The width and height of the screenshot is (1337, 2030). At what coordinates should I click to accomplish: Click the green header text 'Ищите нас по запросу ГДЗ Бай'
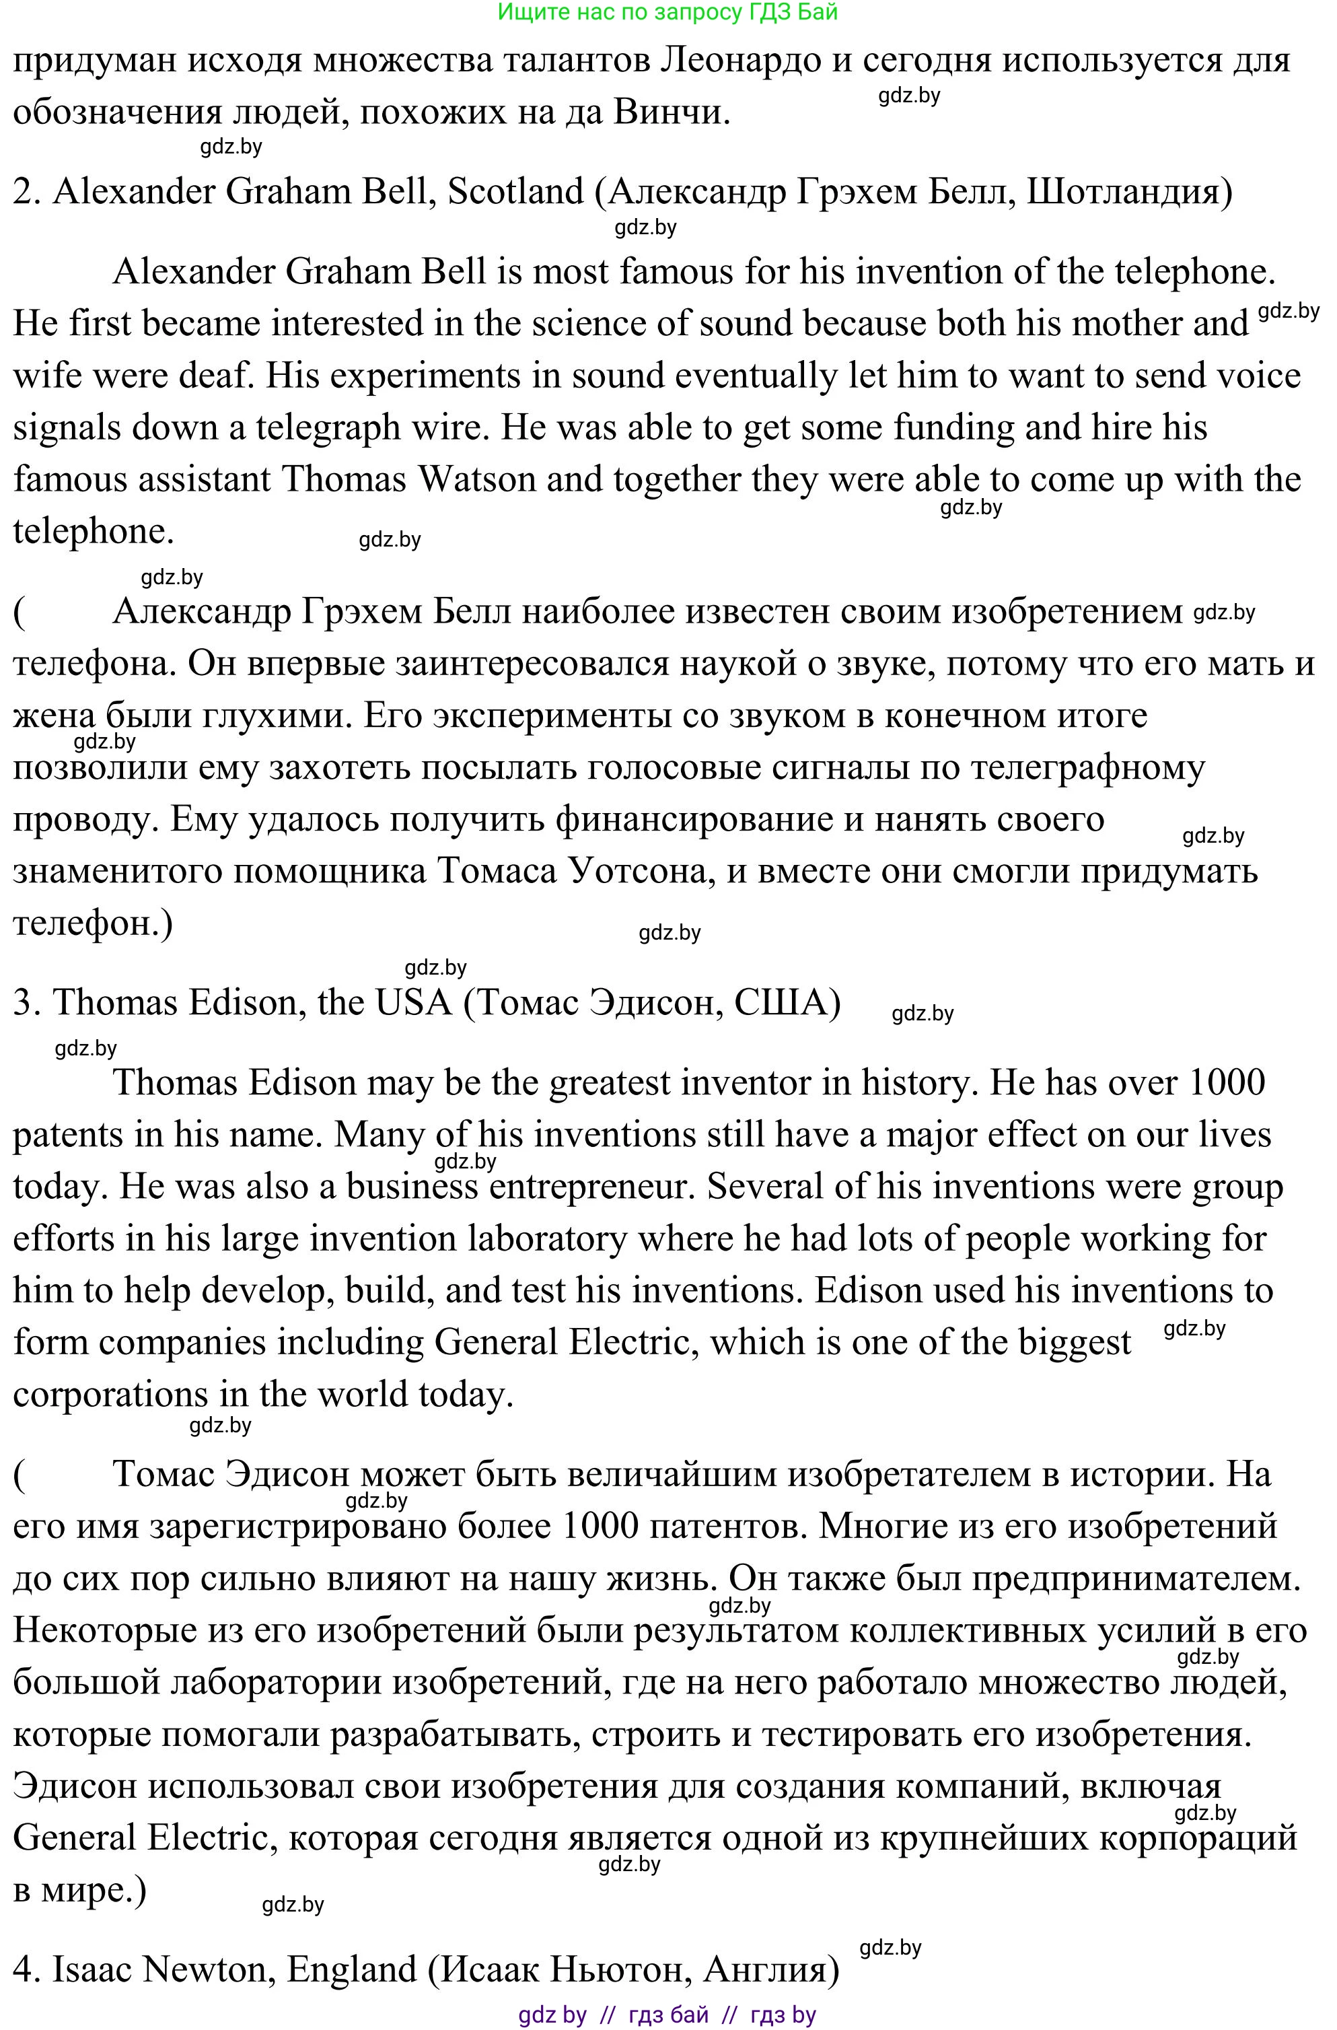(667, 12)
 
